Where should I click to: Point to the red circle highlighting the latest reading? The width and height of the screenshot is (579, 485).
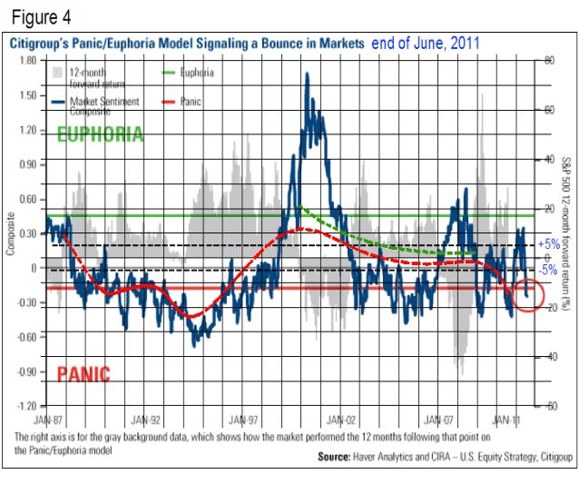(529, 292)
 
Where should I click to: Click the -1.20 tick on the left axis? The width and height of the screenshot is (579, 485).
(27, 406)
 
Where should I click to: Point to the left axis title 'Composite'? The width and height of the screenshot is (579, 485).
(11, 233)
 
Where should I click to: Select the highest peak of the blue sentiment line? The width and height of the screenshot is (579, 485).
(307, 74)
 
